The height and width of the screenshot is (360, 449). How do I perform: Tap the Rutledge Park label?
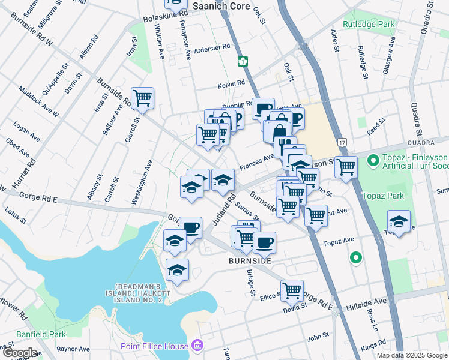[x=369, y=25]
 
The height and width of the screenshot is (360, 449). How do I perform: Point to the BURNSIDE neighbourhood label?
[x=250, y=262]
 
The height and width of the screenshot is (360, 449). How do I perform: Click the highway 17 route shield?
[x=342, y=141]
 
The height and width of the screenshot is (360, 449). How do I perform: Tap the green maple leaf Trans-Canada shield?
[x=243, y=61]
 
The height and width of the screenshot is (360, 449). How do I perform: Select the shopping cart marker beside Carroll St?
[x=142, y=97]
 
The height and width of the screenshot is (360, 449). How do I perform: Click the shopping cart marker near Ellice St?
[x=292, y=290]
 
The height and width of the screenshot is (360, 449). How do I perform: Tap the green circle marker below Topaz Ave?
[x=355, y=258]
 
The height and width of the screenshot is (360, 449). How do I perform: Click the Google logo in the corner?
[x=19, y=353]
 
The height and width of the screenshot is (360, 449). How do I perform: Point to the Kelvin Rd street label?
[x=232, y=83]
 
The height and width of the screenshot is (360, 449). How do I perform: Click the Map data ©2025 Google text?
[x=412, y=355]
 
